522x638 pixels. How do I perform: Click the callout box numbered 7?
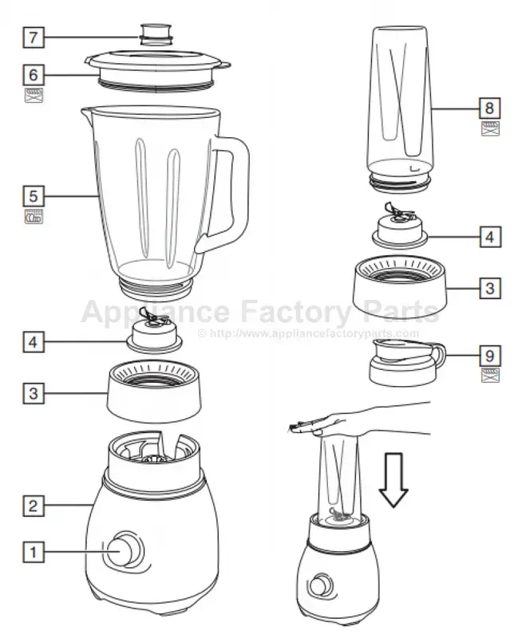tap(34, 37)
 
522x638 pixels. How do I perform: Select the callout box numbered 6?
tap(34, 75)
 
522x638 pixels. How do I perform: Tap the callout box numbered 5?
tap(34, 196)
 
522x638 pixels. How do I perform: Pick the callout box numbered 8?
tap(490, 108)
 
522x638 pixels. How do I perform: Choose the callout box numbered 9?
tap(490, 356)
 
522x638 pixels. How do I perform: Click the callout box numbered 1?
tap(34, 552)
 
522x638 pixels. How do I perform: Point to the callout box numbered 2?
tap(34, 506)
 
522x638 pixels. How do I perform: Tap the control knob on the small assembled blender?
tap(318, 586)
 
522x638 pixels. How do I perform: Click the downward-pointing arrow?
tap(393, 480)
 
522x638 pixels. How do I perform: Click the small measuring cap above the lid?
tap(156, 34)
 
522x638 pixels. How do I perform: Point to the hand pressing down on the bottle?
tap(358, 423)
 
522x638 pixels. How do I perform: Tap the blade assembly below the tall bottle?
tap(400, 227)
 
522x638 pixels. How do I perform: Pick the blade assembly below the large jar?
tap(154, 332)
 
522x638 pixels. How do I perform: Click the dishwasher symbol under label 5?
tap(34, 216)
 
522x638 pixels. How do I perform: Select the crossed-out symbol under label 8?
tap(490, 128)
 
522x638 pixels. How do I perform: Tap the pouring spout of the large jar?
tap(87, 112)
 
